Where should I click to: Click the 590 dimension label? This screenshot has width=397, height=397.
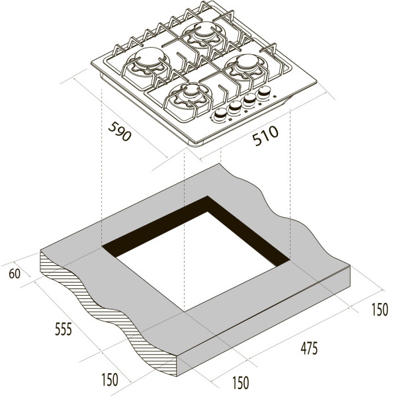coord(120,131)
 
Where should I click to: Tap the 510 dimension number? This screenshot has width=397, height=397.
coord(265,136)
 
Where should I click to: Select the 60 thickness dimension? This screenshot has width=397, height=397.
coord(15,274)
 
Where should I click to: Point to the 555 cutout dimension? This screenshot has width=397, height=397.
coord(64,329)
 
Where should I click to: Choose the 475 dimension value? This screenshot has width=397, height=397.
coord(309,349)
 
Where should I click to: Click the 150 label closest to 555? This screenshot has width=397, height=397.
coord(110,380)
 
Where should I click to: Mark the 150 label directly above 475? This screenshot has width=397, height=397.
coord(380,310)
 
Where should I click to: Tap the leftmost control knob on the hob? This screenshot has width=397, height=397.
coord(220,114)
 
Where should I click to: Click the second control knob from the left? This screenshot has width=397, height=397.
coord(235,107)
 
